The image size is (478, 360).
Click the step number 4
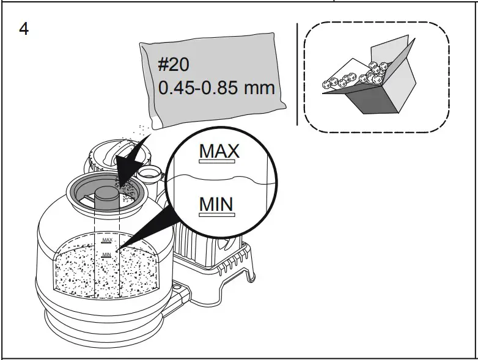click(x=23, y=30)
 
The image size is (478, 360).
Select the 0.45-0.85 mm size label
click(x=216, y=87)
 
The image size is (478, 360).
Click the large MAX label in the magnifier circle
click(x=219, y=150)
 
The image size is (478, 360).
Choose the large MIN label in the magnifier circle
click(x=216, y=203)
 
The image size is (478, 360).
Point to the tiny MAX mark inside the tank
click(x=108, y=240)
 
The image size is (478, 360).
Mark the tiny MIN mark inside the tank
click(x=107, y=254)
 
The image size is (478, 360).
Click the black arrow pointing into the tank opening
click(x=136, y=162)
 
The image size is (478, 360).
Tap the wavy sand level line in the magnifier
click(x=220, y=180)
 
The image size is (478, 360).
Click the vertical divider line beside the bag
click(x=298, y=73)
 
